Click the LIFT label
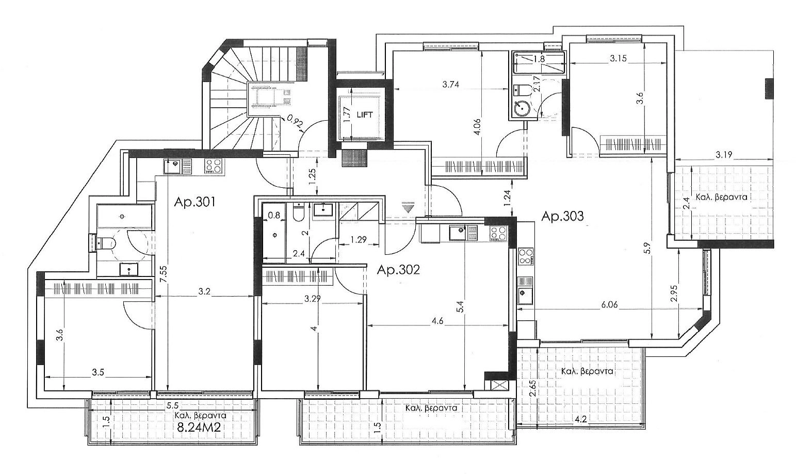click(365, 115)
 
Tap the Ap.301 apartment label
click(194, 202)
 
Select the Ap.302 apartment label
click(398, 270)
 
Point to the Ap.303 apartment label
click(562, 216)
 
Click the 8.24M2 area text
click(199, 427)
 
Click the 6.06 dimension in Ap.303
click(610, 304)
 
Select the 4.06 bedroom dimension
click(477, 126)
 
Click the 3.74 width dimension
click(450, 85)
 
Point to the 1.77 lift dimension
click(348, 115)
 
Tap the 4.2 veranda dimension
click(580, 419)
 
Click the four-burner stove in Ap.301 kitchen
click(213, 166)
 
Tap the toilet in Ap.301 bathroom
click(106, 243)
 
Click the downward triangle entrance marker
click(408, 207)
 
